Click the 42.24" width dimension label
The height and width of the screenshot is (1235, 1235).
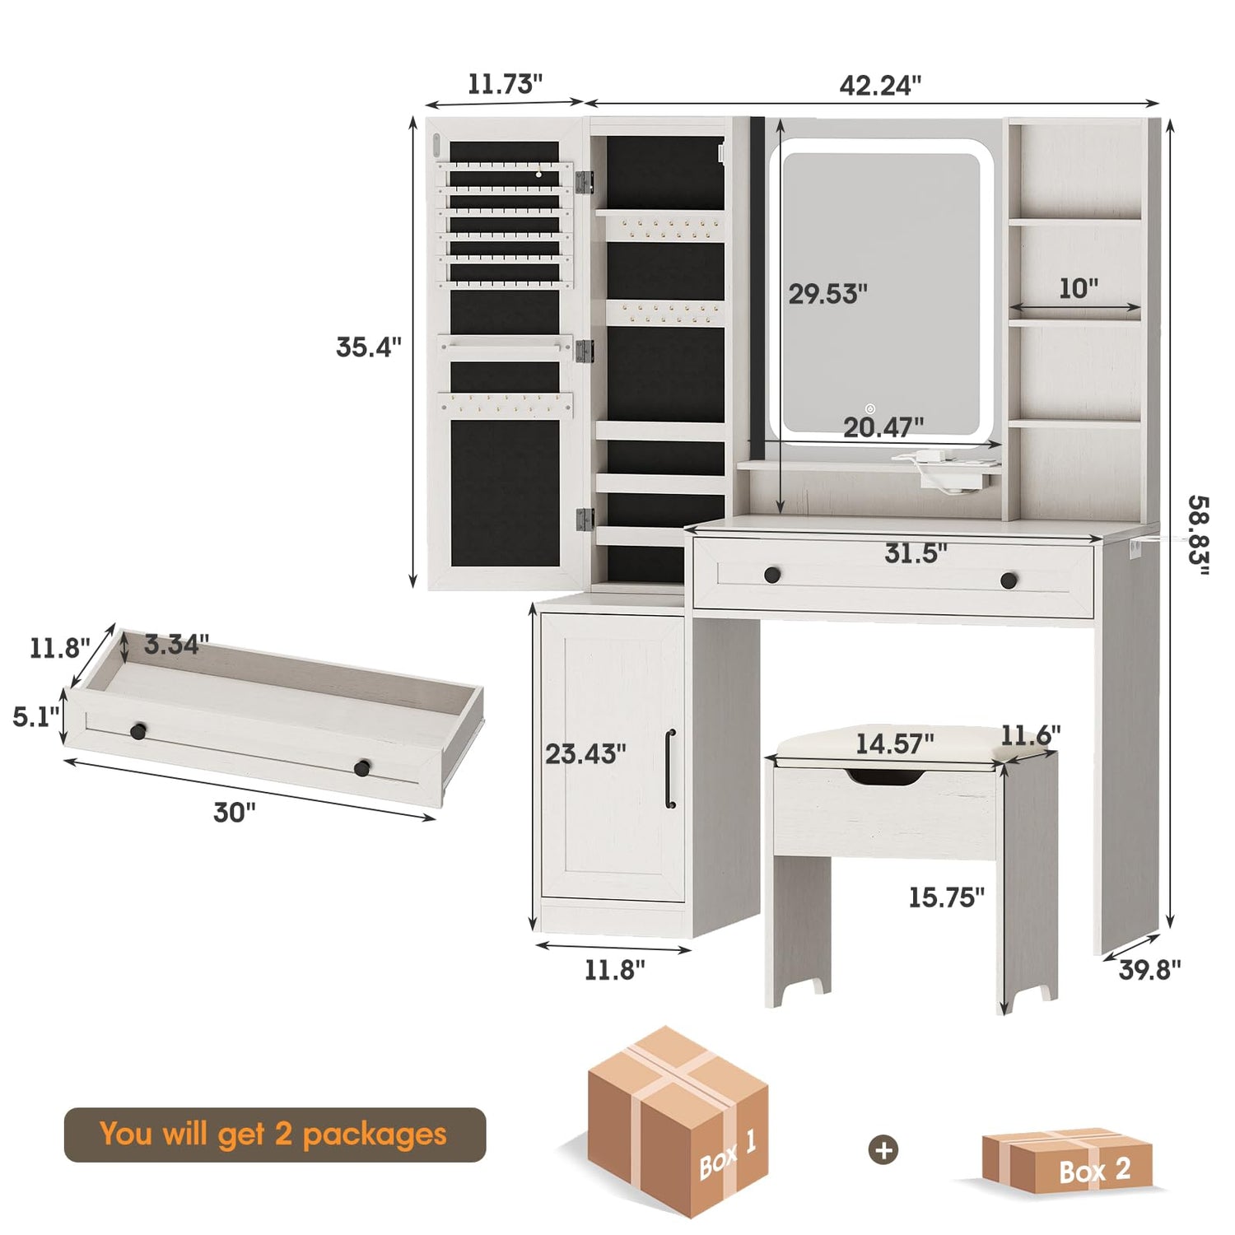point(880,85)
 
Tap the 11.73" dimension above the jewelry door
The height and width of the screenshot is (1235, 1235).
point(505,84)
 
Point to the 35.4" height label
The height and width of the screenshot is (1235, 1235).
point(368,347)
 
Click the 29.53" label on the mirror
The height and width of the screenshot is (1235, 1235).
point(827,294)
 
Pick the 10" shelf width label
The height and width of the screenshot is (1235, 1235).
point(1079,288)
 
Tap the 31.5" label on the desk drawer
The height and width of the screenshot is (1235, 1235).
point(916,553)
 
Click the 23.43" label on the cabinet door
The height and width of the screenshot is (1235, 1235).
point(585,753)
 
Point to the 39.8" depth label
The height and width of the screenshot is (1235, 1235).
point(1149,970)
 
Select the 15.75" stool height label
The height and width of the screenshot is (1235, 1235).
point(946,897)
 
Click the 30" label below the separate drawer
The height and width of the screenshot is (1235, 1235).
point(235,813)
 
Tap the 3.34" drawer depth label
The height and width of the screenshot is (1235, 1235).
point(176,644)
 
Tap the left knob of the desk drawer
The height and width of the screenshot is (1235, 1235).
point(771,575)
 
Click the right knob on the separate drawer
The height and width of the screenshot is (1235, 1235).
point(361,768)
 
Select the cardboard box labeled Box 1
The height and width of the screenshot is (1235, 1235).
point(677,1121)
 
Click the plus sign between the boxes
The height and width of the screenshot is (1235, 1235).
point(884,1150)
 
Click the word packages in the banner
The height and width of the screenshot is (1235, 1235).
point(375,1135)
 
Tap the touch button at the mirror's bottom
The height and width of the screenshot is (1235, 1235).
point(870,408)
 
